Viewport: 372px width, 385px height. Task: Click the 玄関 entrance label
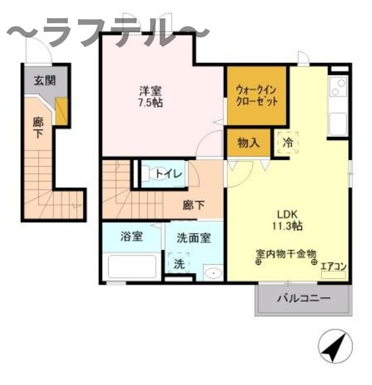pos(45,80)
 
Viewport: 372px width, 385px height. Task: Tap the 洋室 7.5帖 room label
pos(151,97)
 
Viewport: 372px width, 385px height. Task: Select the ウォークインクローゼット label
pos(257,96)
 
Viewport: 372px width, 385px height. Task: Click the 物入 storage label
pos(248,142)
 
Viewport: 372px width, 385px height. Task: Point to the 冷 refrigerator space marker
pos(288,142)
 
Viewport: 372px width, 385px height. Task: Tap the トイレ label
pos(169,174)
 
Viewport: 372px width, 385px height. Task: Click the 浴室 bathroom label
pos(131,236)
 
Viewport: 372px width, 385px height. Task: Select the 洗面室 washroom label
pos(194,237)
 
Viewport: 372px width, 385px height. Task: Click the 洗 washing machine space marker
pos(179,264)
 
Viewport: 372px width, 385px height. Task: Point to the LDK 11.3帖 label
pos(287,220)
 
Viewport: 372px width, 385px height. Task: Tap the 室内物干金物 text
pos(286,254)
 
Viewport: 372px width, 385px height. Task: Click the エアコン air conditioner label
pos(334,266)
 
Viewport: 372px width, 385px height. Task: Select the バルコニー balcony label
pos(304,299)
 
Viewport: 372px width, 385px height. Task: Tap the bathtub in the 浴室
pos(132,267)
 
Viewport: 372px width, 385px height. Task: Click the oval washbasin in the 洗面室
pos(213,273)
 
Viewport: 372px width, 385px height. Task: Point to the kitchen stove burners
pos(338,87)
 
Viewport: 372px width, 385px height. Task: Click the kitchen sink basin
pos(338,124)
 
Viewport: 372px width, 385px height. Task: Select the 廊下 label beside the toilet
pos(194,205)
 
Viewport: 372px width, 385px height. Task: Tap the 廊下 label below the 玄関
pos(38,128)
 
